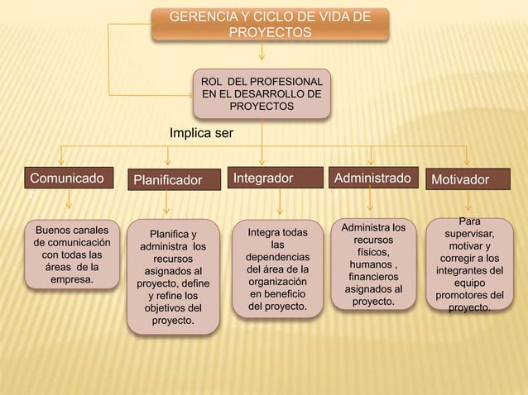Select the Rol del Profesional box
pos(262,94)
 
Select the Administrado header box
pos(372,178)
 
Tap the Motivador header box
pos(469,179)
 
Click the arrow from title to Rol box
pos(262,54)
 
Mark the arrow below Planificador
pos(169,204)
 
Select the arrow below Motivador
pos(469,202)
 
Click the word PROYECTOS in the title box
pos(270,33)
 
